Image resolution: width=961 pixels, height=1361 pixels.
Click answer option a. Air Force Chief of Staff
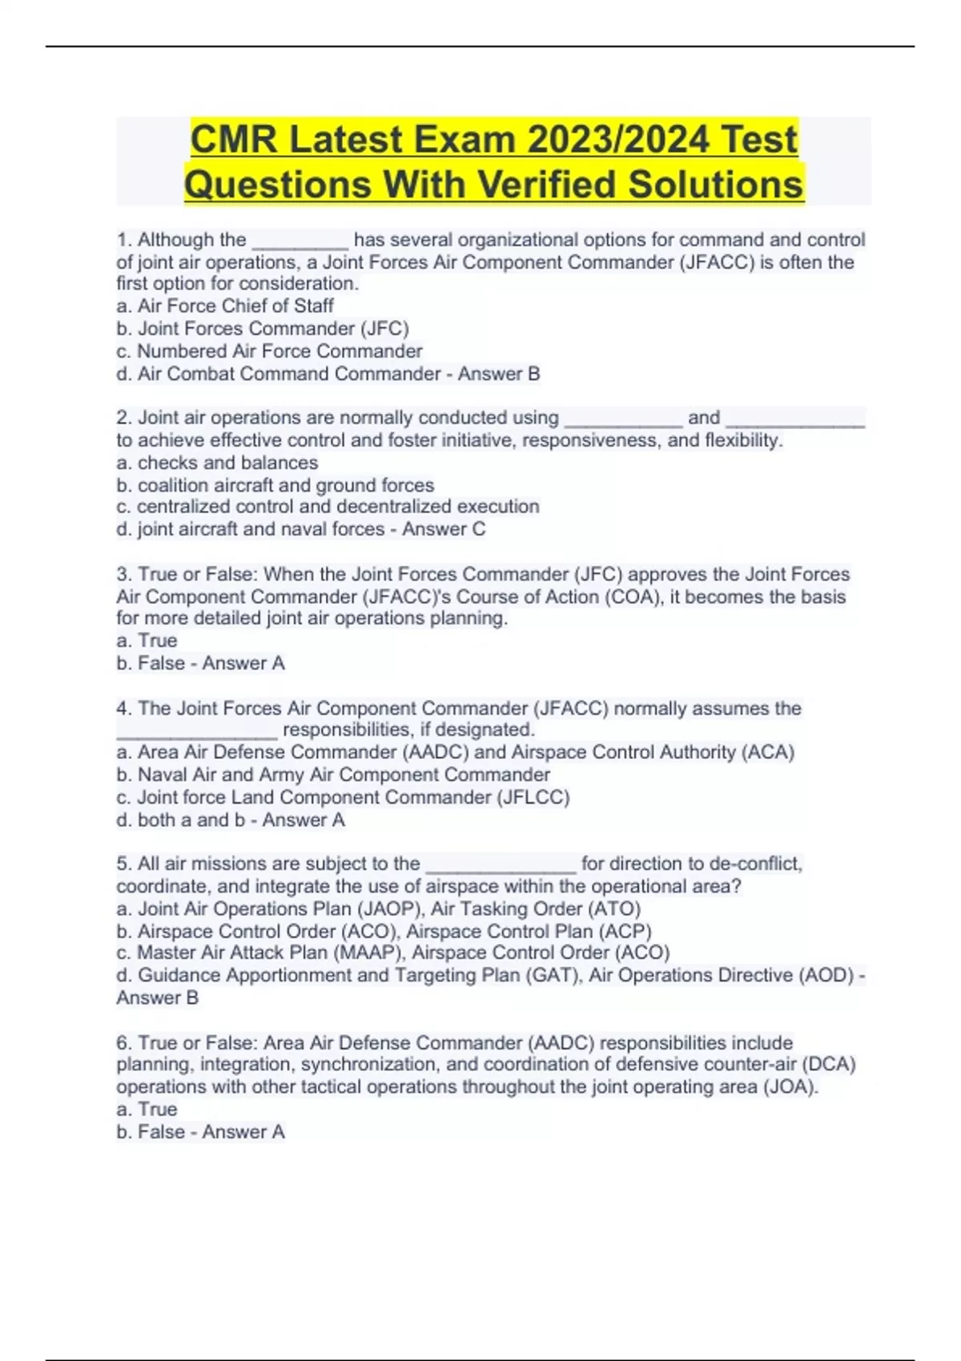pos(225,306)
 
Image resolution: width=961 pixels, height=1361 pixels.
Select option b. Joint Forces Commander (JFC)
pos(263,328)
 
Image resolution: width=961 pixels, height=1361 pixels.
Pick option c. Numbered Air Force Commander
pos(269,351)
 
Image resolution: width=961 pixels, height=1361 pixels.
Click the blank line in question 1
pos(300,240)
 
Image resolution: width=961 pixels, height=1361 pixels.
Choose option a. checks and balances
pos(217,463)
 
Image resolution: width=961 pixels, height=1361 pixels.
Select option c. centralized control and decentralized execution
pos(328,507)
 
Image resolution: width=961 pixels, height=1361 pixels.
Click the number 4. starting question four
pos(124,709)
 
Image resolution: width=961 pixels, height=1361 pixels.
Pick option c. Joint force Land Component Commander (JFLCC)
pos(343,797)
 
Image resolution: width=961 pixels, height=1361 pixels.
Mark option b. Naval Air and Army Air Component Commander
pos(333,775)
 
